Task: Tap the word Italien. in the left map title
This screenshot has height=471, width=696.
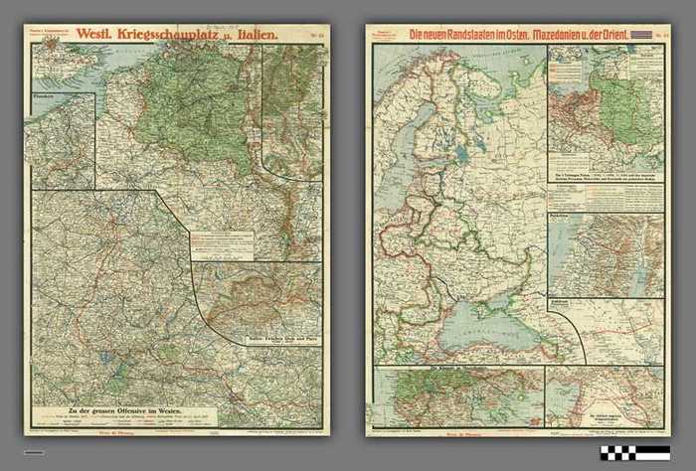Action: tap(254, 35)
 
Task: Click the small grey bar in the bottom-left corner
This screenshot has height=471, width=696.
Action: tap(34, 453)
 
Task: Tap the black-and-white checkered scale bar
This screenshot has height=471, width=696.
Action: tap(634, 453)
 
